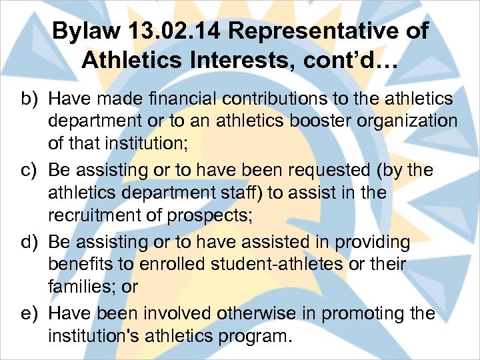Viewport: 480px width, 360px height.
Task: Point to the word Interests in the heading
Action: click(x=233, y=61)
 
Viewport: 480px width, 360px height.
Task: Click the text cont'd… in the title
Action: click(x=349, y=61)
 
